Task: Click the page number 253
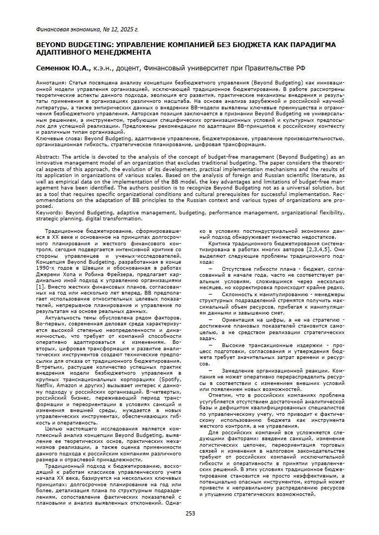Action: pos(190,513)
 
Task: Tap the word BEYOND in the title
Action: pos(52,44)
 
